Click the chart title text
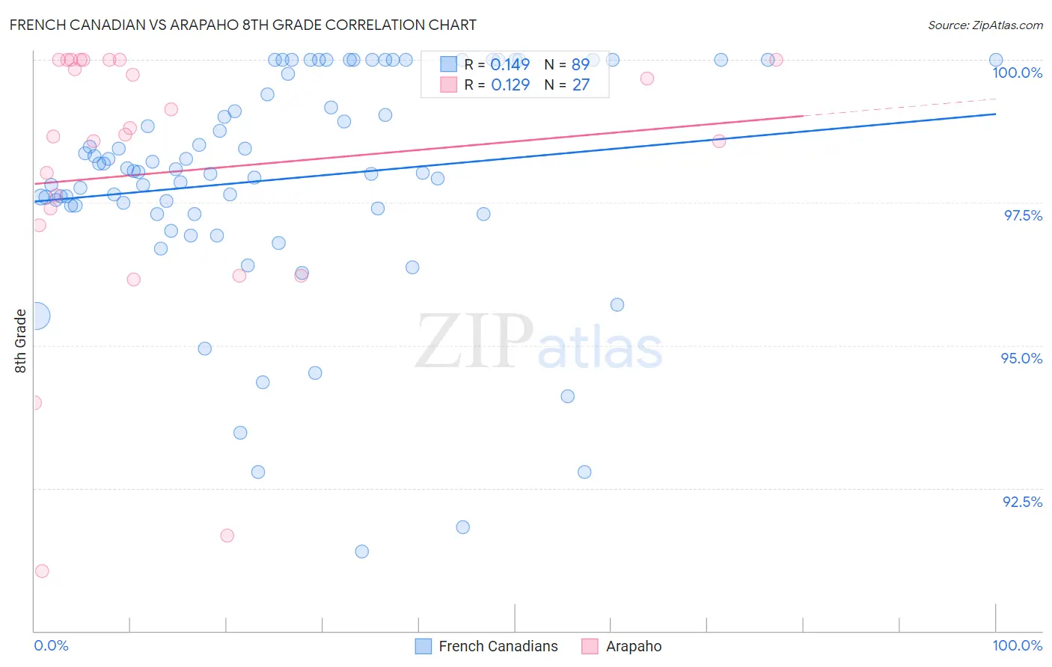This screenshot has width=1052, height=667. [243, 25]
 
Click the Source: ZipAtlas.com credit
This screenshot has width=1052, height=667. [985, 25]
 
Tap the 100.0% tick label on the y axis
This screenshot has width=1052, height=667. [1017, 73]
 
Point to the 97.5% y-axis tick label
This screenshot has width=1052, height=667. [1022, 215]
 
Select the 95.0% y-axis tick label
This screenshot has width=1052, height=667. [1021, 358]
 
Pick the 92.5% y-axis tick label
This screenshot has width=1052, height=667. [1022, 502]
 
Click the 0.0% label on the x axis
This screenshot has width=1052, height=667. [51, 645]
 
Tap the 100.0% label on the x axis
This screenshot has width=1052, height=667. [1017, 645]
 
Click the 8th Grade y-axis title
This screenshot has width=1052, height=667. [20, 340]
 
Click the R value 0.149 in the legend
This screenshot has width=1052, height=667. [510, 65]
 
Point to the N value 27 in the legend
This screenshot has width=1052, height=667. [581, 85]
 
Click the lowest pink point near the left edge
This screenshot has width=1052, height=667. [42, 571]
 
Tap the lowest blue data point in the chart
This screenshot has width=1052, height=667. [362, 552]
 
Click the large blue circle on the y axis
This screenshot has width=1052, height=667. [36, 316]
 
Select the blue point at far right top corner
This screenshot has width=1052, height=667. [996, 60]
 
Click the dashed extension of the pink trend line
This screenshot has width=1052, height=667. [898, 107]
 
